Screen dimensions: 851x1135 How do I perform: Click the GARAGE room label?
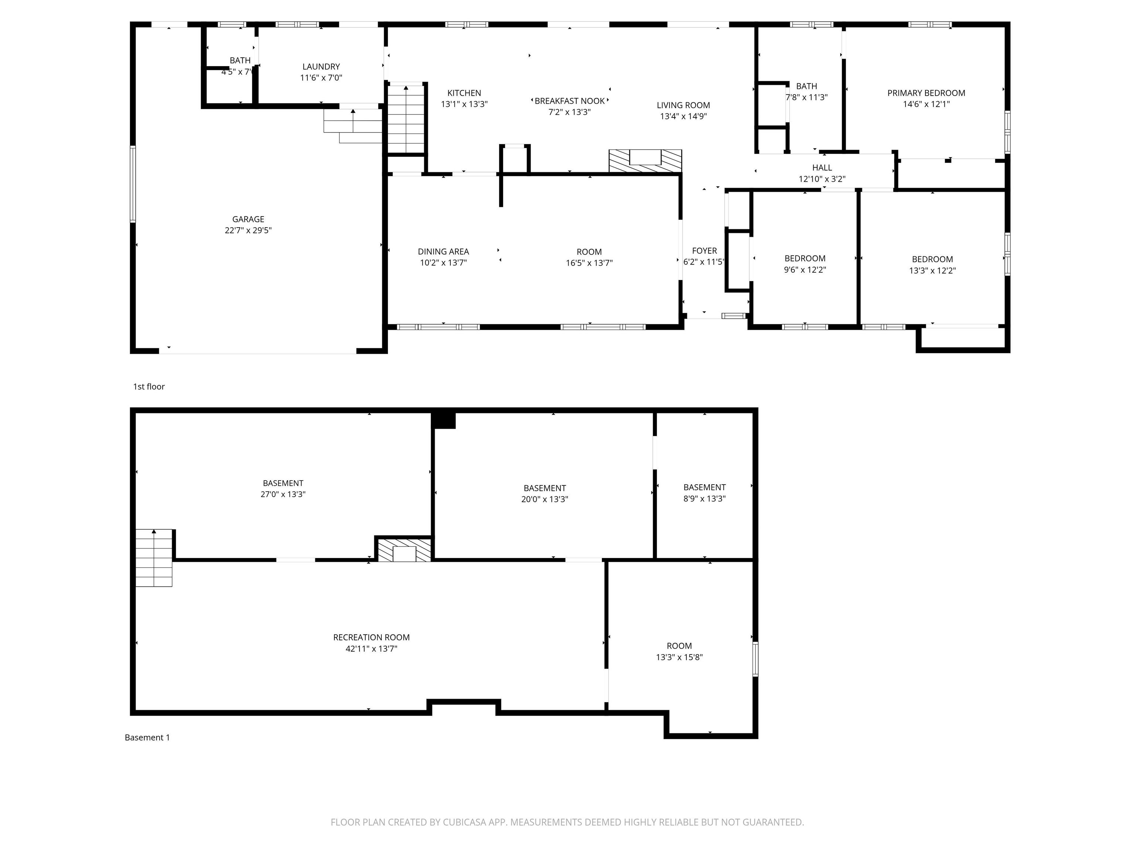tap(248, 219)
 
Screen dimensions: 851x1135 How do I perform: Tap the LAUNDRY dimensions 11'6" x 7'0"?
tap(321, 78)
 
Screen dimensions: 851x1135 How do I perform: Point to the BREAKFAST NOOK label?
tap(570, 101)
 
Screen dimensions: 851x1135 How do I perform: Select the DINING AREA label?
tap(443, 252)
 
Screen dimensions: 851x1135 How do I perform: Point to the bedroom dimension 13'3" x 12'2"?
tap(932, 271)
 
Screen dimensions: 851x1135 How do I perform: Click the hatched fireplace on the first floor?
tap(645, 161)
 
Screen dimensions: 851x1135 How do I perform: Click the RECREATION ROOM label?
tap(371, 637)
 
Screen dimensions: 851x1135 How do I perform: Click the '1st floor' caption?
tap(149, 387)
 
